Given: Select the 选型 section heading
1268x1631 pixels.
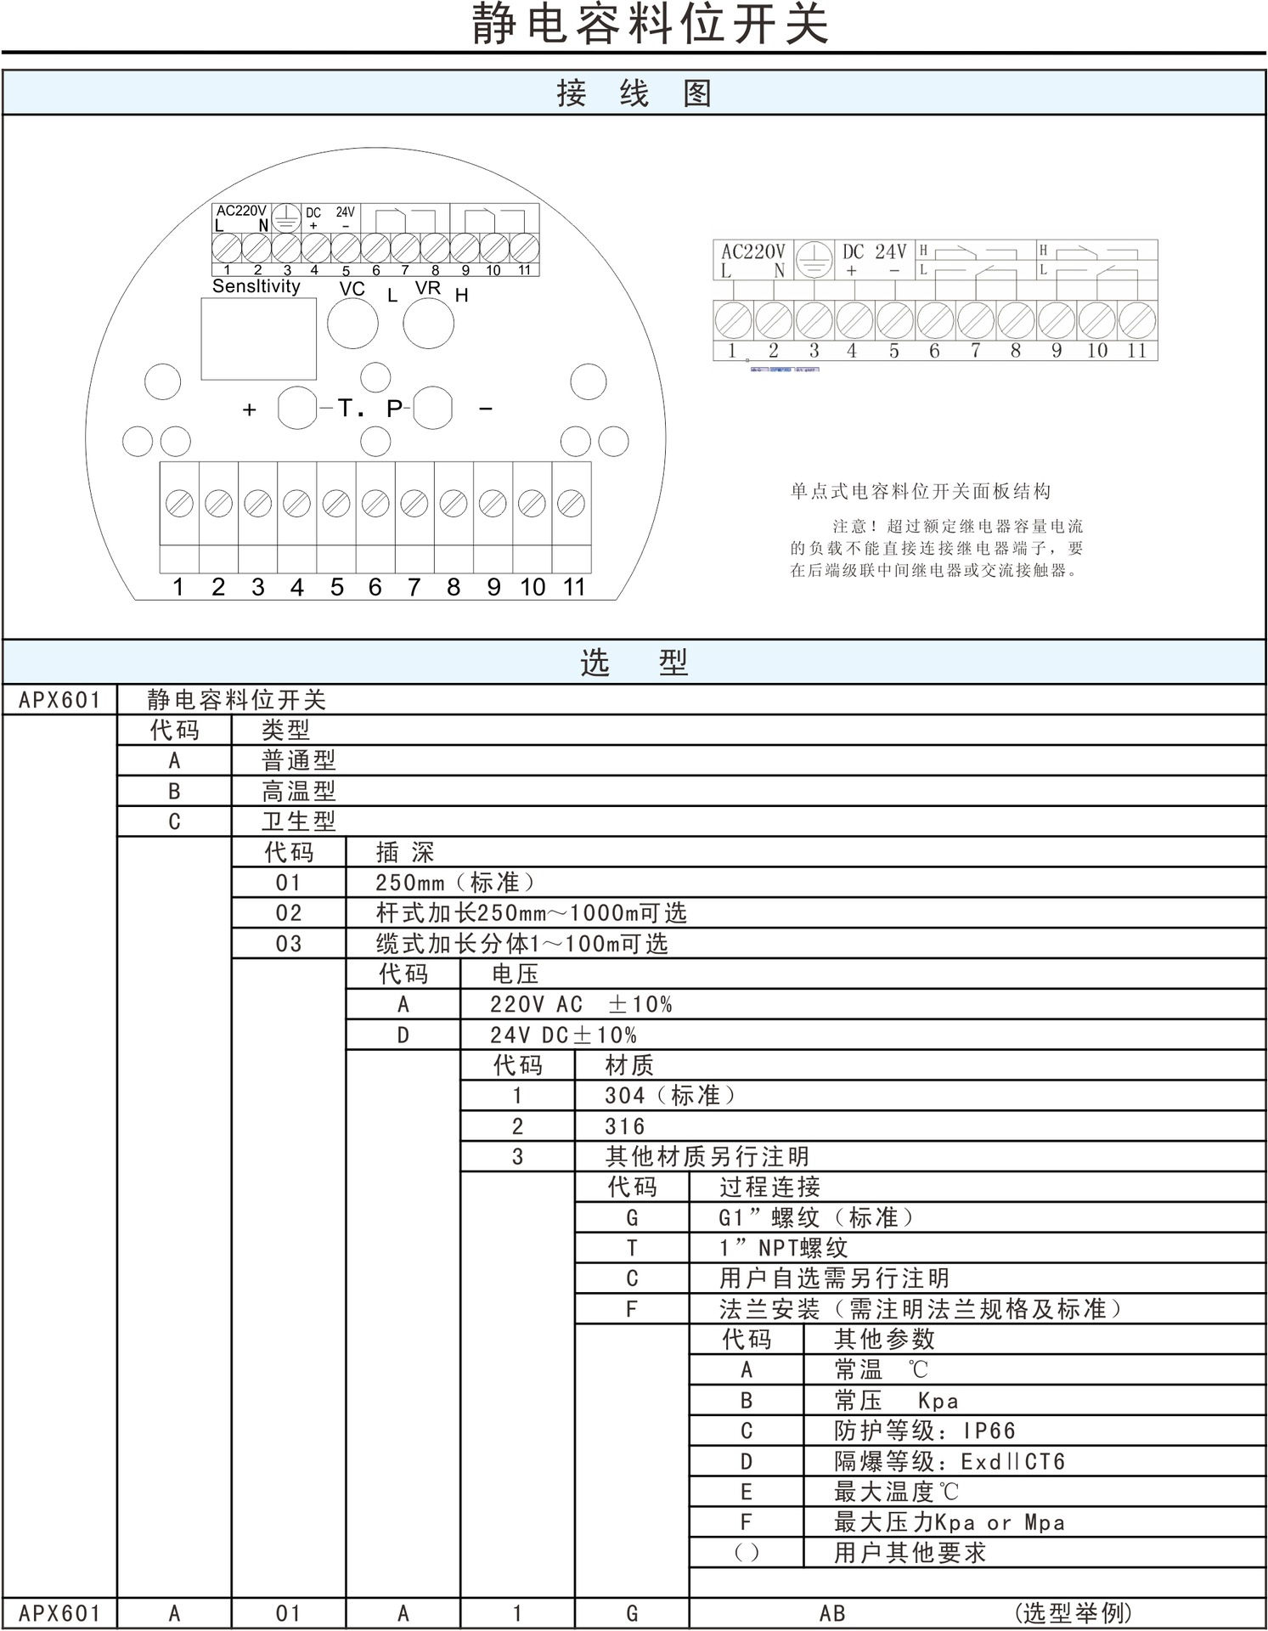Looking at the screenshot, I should (x=634, y=662).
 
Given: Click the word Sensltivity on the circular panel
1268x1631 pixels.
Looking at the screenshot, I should (x=256, y=286).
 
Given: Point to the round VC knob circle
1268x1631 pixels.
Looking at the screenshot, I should (x=352, y=324).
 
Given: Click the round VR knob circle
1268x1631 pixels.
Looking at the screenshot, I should (x=428, y=324).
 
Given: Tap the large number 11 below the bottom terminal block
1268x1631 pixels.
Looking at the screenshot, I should (x=574, y=587).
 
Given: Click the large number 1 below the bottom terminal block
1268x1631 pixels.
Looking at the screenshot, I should (x=178, y=587).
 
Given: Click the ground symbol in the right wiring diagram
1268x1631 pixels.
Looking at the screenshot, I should (x=814, y=258).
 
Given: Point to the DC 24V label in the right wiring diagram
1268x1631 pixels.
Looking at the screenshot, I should (x=874, y=251).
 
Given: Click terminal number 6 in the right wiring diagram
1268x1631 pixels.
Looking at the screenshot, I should (x=934, y=351).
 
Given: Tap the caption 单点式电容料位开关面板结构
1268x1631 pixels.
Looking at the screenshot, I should (x=921, y=491).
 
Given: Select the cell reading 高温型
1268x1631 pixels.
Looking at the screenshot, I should (x=298, y=791).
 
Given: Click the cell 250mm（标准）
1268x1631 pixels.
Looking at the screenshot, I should (x=455, y=883).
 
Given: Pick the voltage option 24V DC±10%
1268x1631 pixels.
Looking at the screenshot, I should (x=562, y=1035).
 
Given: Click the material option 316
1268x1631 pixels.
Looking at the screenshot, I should (x=625, y=1126).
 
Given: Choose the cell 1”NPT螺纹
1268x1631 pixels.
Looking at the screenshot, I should (x=783, y=1248).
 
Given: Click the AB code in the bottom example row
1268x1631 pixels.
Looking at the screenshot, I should (x=832, y=1613).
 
